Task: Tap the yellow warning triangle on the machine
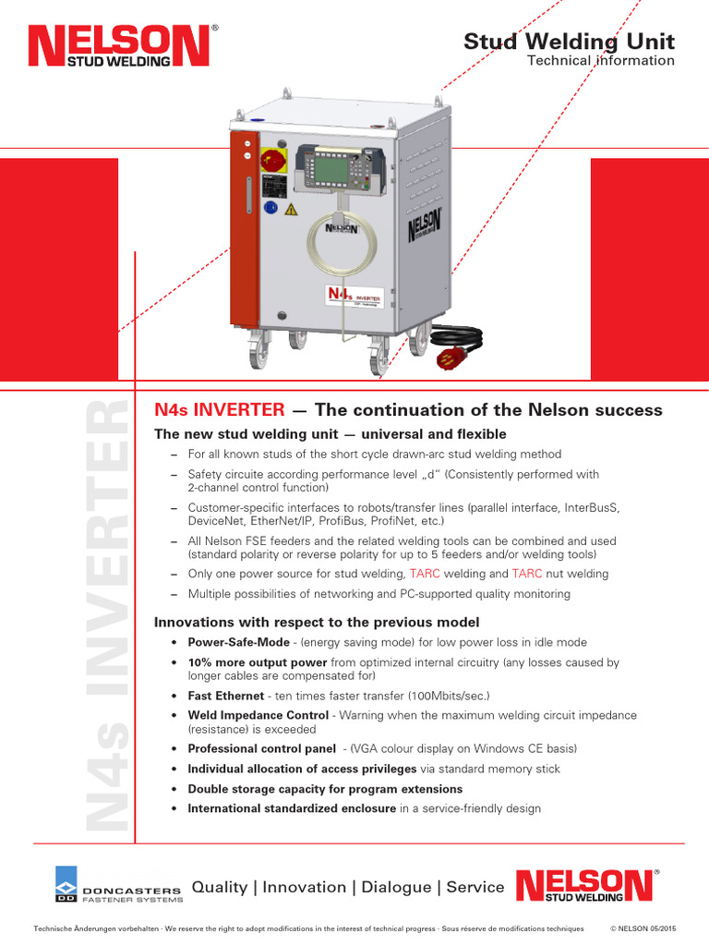292,210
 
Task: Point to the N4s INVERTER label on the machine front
354,296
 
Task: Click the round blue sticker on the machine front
270,209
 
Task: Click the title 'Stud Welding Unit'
569,42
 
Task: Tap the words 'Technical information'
600,61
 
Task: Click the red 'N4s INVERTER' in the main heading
219,409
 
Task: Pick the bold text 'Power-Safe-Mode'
239,642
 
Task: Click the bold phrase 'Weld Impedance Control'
258,715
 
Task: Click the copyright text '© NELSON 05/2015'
643,928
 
